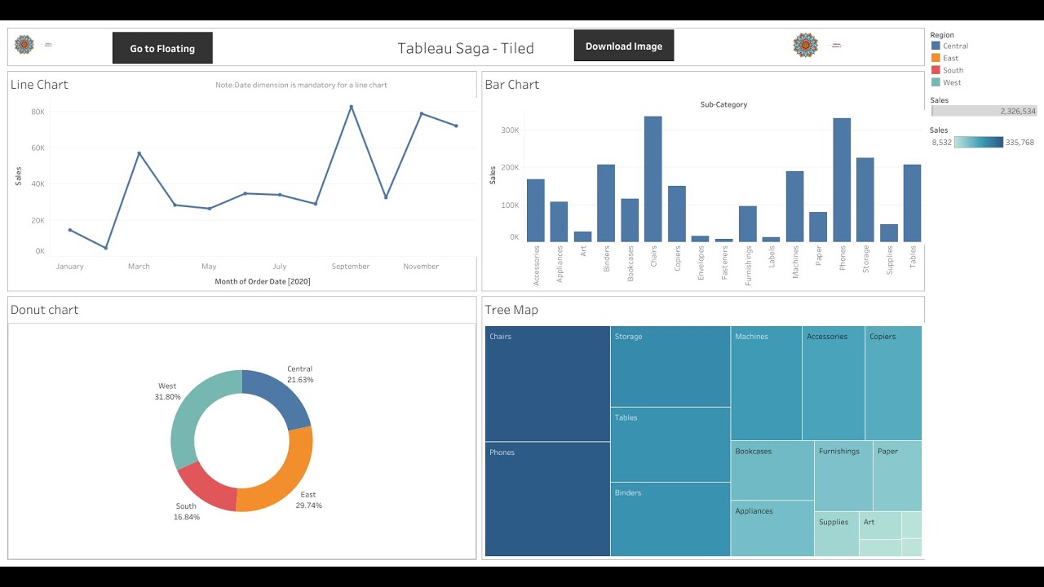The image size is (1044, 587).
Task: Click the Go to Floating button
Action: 162,48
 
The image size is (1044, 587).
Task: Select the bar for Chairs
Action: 652,179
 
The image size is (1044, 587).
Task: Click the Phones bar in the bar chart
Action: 842,180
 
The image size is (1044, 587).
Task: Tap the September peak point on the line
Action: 352,107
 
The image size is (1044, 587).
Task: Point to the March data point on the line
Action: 139,153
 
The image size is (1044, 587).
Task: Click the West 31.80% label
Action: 167,391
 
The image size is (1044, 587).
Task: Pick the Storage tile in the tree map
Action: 670,366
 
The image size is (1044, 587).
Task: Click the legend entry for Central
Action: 955,46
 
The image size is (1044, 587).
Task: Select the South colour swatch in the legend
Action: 936,70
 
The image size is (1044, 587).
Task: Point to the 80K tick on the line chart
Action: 38,112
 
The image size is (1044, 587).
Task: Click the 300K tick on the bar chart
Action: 510,130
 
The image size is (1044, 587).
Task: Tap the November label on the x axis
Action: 421,267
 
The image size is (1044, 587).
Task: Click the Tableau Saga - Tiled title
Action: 466,48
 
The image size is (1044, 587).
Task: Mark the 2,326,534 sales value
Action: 1017,111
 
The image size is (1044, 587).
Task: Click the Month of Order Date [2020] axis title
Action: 263,281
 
